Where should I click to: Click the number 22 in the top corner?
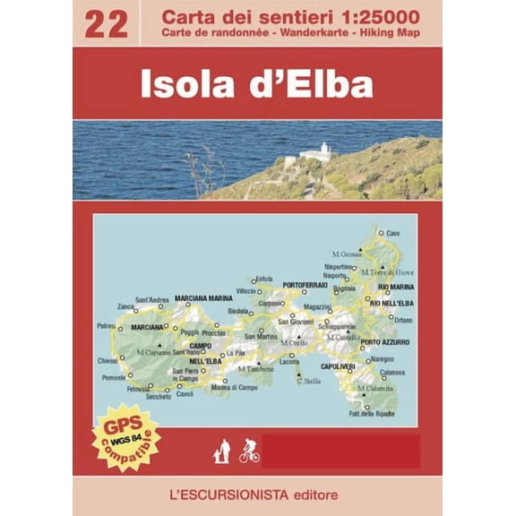tap(105, 23)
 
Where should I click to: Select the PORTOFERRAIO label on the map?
tap(305, 285)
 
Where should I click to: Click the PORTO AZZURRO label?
tap(385, 342)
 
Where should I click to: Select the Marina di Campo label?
tap(234, 387)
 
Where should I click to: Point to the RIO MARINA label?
tap(395, 287)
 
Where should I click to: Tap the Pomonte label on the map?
tap(114, 377)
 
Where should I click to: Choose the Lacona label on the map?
tap(289, 361)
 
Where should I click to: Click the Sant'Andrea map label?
tap(151, 299)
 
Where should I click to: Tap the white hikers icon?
tap(219, 452)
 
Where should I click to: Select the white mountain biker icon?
tap(249, 451)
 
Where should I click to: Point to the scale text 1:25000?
tap(374, 15)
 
